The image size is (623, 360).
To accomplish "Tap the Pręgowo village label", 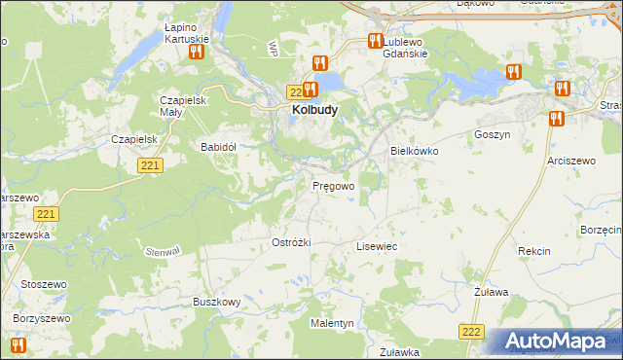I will pyautogui.click(x=333, y=185).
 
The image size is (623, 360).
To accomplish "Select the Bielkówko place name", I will pyautogui.click(x=415, y=152).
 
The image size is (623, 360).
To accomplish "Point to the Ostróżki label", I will pyautogui.click(x=291, y=242).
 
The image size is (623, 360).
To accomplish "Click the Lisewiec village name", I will pyautogui.click(x=377, y=247).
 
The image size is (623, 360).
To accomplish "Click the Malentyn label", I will pyautogui.click(x=332, y=322).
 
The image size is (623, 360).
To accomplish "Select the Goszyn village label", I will pyautogui.click(x=492, y=135).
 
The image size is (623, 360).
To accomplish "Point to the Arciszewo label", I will pyautogui.click(x=571, y=159).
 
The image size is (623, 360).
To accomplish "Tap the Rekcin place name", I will pyautogui.click(x=534, y=251).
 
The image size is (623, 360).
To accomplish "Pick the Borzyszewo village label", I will pyautogui.click(x=43, y=318).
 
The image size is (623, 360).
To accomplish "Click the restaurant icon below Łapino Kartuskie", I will pyautogui.click(x=196, y=52).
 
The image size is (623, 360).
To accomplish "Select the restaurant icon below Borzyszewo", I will pyautogui.click(x=17, y=344).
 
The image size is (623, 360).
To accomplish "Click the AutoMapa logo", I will pyautogui.click(x=563, y=342).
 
